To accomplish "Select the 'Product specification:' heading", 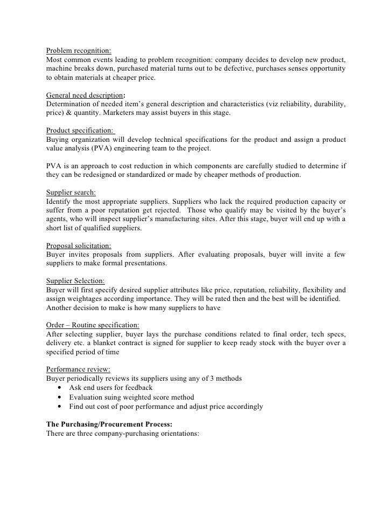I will pos(80,131).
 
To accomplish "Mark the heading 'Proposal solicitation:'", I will pos(79,245).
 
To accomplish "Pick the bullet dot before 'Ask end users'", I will pos(58,388).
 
